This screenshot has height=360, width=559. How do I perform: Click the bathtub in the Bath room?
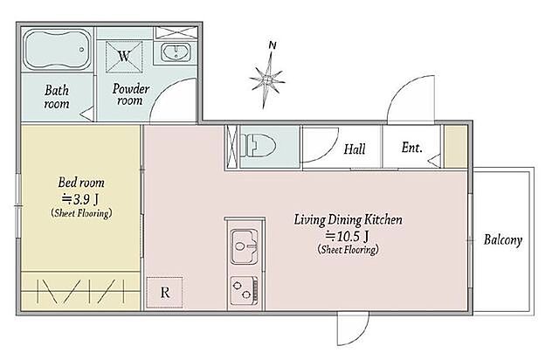[x=58, y=50]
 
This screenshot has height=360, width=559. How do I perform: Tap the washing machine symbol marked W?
[x=124, y=57]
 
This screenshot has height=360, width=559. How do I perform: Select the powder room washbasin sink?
[x=176, y=52]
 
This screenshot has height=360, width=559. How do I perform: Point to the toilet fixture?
[x=259, y=146]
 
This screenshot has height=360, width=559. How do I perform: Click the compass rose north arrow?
[x=267, y=80]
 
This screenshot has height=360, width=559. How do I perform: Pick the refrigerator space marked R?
[x=165, y=293]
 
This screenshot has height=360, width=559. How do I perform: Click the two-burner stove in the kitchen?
[x=245, y=290]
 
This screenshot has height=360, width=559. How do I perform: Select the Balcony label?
[x=503, y=239]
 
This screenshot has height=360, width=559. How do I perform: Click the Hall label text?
[x=355, y=149]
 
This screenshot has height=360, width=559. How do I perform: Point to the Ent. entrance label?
[x=411, y=147]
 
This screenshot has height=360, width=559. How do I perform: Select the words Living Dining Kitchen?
[x=348, y=220]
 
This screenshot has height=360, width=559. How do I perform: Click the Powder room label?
[x=130, y=94]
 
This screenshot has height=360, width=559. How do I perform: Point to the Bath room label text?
[x=57, y=97]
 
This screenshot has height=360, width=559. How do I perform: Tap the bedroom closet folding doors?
[x=80, y=291]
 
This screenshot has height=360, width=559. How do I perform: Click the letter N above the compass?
[x=273, y=45]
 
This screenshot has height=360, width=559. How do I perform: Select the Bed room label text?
[x=81, y=183]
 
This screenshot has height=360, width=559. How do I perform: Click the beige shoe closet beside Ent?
[x=456, y=146]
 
